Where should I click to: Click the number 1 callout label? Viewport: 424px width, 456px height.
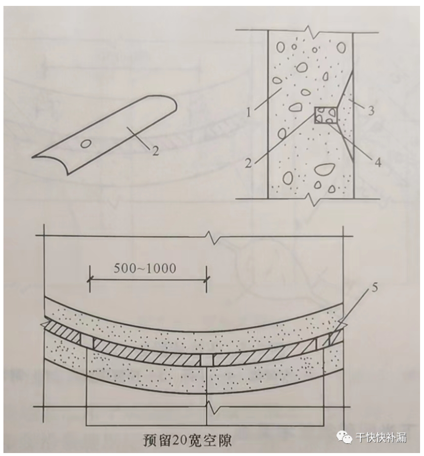tap(248, 112)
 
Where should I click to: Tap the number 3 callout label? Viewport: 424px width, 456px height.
tap(371, 110)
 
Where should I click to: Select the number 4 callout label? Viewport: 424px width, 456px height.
tap(378, 162)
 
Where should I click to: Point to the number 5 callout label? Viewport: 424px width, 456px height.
tap(374, 287)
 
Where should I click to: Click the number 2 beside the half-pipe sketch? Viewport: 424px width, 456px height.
tap(155, 151)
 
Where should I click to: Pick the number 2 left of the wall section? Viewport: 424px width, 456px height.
tap(248, 163)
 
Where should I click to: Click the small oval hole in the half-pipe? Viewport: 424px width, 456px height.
tap(87, 143)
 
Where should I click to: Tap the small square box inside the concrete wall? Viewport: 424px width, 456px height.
tap(326, 115)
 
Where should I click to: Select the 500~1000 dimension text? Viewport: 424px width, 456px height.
tap(145, 268)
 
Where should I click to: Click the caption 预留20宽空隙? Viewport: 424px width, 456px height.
tap(187, 440)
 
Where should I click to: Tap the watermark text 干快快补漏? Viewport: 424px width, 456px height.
tap(381, 437)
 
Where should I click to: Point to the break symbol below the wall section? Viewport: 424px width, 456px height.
tap(313, 199)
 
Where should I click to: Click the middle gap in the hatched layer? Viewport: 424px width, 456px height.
tap(207, 360)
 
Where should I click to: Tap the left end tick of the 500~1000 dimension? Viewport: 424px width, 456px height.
tap(90, 279)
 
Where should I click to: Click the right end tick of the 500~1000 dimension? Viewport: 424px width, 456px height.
tap(207, 279)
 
